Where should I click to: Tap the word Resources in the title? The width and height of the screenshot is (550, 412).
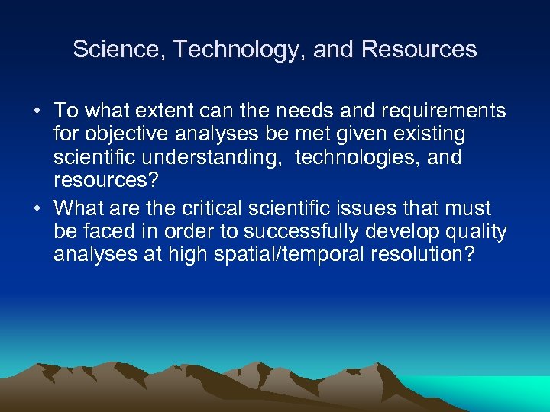[419, 50]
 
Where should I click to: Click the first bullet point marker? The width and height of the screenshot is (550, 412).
[37, 111]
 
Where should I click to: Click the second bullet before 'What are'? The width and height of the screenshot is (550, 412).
[37, 208]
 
